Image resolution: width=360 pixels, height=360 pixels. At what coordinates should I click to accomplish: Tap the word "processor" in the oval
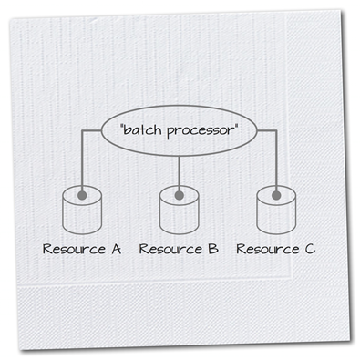(200, 131)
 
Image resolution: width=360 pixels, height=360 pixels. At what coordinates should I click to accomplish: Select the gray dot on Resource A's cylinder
(82, 195)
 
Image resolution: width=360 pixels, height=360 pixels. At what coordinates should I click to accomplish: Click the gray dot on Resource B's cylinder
(180, 195)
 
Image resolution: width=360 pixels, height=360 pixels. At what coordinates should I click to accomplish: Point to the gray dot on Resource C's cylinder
(276, 195)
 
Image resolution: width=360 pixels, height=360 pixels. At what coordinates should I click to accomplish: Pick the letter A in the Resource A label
(116, 249)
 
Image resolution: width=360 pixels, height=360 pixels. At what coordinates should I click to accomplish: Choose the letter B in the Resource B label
(213, 249)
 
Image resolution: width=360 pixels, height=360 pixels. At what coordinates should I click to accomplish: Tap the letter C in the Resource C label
(310, 249)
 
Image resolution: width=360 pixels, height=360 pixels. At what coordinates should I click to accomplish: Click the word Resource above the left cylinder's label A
(74, 249)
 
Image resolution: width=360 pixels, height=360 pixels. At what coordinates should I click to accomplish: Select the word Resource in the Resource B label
(170, 249)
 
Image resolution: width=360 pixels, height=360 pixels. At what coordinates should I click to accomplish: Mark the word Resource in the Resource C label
(268, 249)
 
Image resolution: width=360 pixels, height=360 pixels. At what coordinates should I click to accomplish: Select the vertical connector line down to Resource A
(82, 161)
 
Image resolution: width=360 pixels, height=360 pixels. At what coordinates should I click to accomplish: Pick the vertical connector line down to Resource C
(276, 161)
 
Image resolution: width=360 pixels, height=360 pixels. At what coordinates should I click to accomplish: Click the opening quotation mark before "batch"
(122, 126)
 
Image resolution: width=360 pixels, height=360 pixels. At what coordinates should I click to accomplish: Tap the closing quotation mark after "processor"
(235, 126)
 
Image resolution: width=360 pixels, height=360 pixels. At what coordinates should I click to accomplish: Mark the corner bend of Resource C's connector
(276, 131)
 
